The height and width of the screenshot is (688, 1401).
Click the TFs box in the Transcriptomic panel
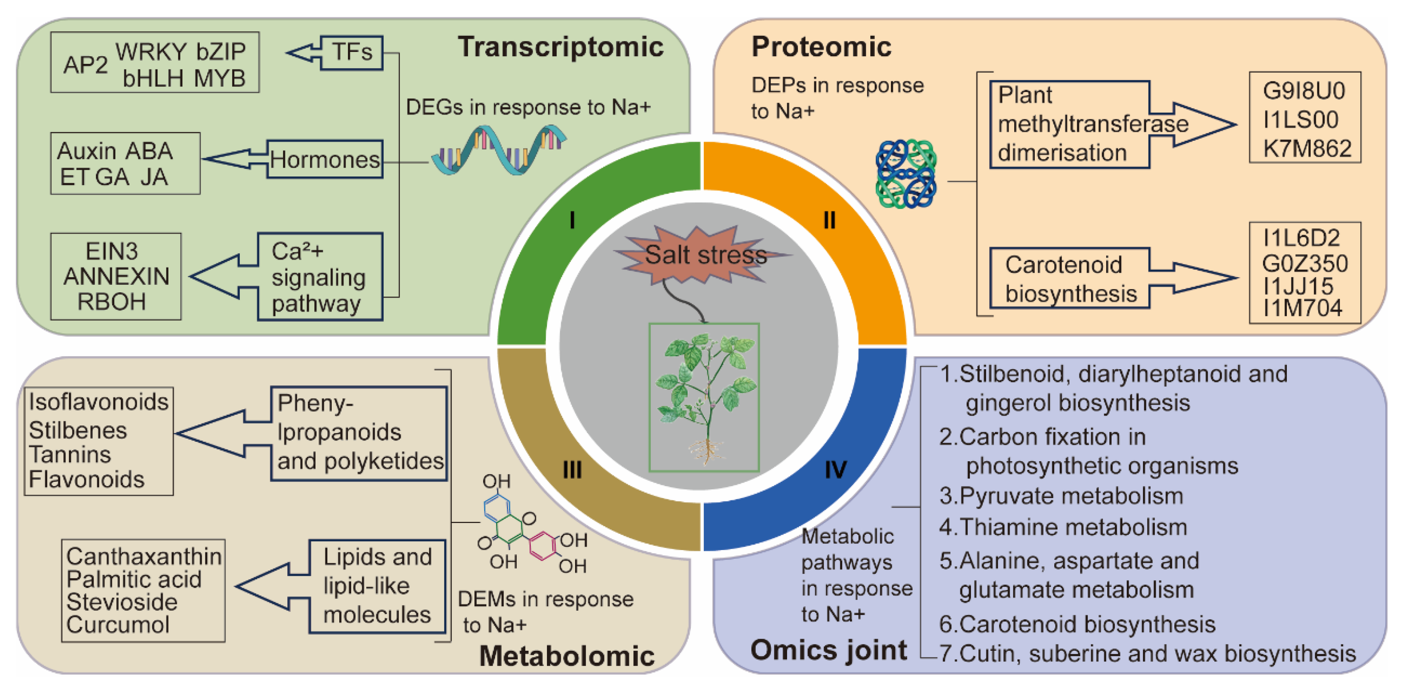352,53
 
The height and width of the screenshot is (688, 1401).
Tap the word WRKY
151,52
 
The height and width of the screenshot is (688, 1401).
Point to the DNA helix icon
498,149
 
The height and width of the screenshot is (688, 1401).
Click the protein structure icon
906,173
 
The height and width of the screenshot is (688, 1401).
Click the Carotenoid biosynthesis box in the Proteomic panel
1069,278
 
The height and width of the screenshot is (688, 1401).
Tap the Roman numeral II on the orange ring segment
829,220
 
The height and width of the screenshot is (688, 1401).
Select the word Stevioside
122,602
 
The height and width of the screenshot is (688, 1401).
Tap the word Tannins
70,454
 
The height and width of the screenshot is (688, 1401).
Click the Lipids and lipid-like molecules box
377,586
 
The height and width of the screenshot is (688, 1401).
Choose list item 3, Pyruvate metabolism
1061,496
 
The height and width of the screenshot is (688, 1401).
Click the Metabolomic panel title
566,655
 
